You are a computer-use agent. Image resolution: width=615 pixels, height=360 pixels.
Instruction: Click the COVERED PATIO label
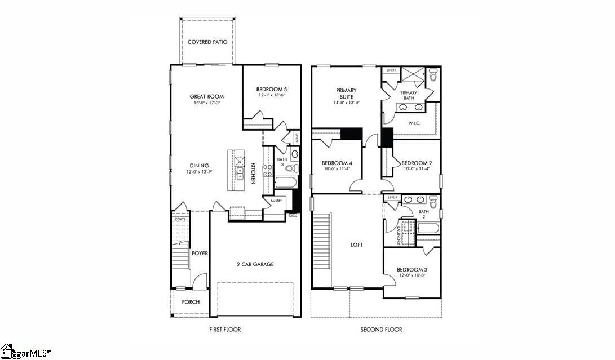pyautogui.click(x=207, y=42)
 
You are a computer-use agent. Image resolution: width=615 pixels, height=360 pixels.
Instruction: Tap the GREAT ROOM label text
pyautogui.click(x=207, y=96)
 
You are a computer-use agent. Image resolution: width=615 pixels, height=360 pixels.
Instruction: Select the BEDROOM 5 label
pyautogui.click(x=271, y=89)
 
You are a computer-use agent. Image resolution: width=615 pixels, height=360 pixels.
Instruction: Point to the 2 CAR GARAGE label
pyautogui.click(x=255, y=264)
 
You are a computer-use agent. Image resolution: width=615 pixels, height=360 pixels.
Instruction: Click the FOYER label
pyautogui.click(x=200, y=253)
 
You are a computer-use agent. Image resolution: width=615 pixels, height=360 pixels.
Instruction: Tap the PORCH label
pyautogui.click(x=191, y=302)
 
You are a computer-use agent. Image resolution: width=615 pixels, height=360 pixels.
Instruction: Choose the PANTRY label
pyautogui.click(x=276, y=201)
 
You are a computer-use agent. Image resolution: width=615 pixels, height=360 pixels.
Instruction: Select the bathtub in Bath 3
pyautogui.click(x=284, y=183)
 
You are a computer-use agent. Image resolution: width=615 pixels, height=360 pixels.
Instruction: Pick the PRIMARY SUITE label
pyautogui.click(x=346, y=93)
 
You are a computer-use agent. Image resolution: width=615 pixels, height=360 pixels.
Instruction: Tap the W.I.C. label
pyautogui.click(x=414, y=122)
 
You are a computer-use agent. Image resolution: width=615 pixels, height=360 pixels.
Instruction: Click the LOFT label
pyautogui.click(x=356, y=245)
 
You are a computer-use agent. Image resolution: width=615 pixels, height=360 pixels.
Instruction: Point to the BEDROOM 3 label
pyautogui.click(x=412, y=269)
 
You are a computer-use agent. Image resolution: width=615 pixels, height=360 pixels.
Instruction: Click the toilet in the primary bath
pyautogui.click(x=433, y=75)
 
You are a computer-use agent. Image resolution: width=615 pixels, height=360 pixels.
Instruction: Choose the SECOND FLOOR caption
pyautogui.click(x=381, y=330)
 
